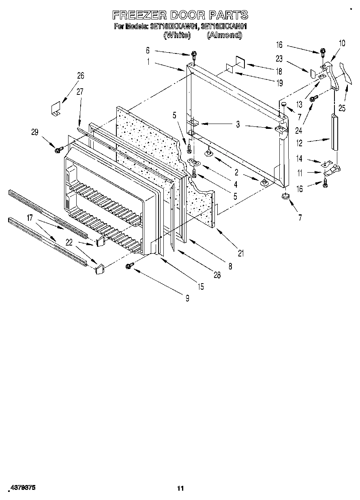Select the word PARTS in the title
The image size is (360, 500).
[229, 15]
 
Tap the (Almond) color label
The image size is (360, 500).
[224, 35]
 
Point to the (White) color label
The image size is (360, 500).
[177, 35]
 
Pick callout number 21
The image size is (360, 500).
[241, 254]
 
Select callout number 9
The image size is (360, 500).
[187, 299]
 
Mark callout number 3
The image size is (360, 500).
[238, 125]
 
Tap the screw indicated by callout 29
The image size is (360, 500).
[57, 150]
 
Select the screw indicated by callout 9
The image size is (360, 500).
[129, 265]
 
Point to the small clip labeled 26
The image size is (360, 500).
[55, 109]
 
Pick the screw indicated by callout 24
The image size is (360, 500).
[313, 99]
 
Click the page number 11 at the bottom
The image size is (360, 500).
[180, 488]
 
